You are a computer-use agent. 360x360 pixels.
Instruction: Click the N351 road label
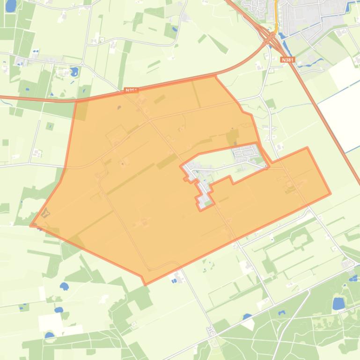coord(132,90)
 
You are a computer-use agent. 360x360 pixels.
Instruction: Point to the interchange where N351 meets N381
coord(270,38)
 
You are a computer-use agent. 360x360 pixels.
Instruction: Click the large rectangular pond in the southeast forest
coord(338,303)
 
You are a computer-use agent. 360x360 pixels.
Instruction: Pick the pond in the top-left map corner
coord(11,6)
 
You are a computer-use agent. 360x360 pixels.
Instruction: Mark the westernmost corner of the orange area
coord(31,226)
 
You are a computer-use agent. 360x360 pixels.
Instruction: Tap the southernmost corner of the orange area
coord(146,284)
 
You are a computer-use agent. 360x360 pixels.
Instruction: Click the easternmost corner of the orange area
coord(331,193)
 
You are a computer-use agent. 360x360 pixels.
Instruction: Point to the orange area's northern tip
coord(215,76)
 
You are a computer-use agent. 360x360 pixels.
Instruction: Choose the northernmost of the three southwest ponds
coord(64,286)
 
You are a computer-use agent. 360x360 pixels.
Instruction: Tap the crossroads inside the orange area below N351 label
coord(149,120)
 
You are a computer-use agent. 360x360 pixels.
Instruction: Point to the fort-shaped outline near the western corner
coord(45,213)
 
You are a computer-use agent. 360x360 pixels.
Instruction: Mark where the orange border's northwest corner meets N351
coord(76,101)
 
